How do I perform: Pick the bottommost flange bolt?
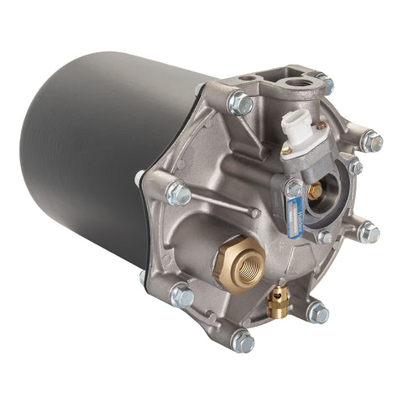(242, 341)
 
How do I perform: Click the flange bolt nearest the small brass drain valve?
(317, 313)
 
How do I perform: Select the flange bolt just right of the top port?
(323, 84)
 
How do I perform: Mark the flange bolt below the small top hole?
(240, 104)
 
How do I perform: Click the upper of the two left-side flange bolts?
(178, 193)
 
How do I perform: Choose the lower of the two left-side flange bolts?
(181, 296)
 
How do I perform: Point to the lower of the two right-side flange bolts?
(366, 232)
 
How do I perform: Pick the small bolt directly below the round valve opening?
(325, 236)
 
